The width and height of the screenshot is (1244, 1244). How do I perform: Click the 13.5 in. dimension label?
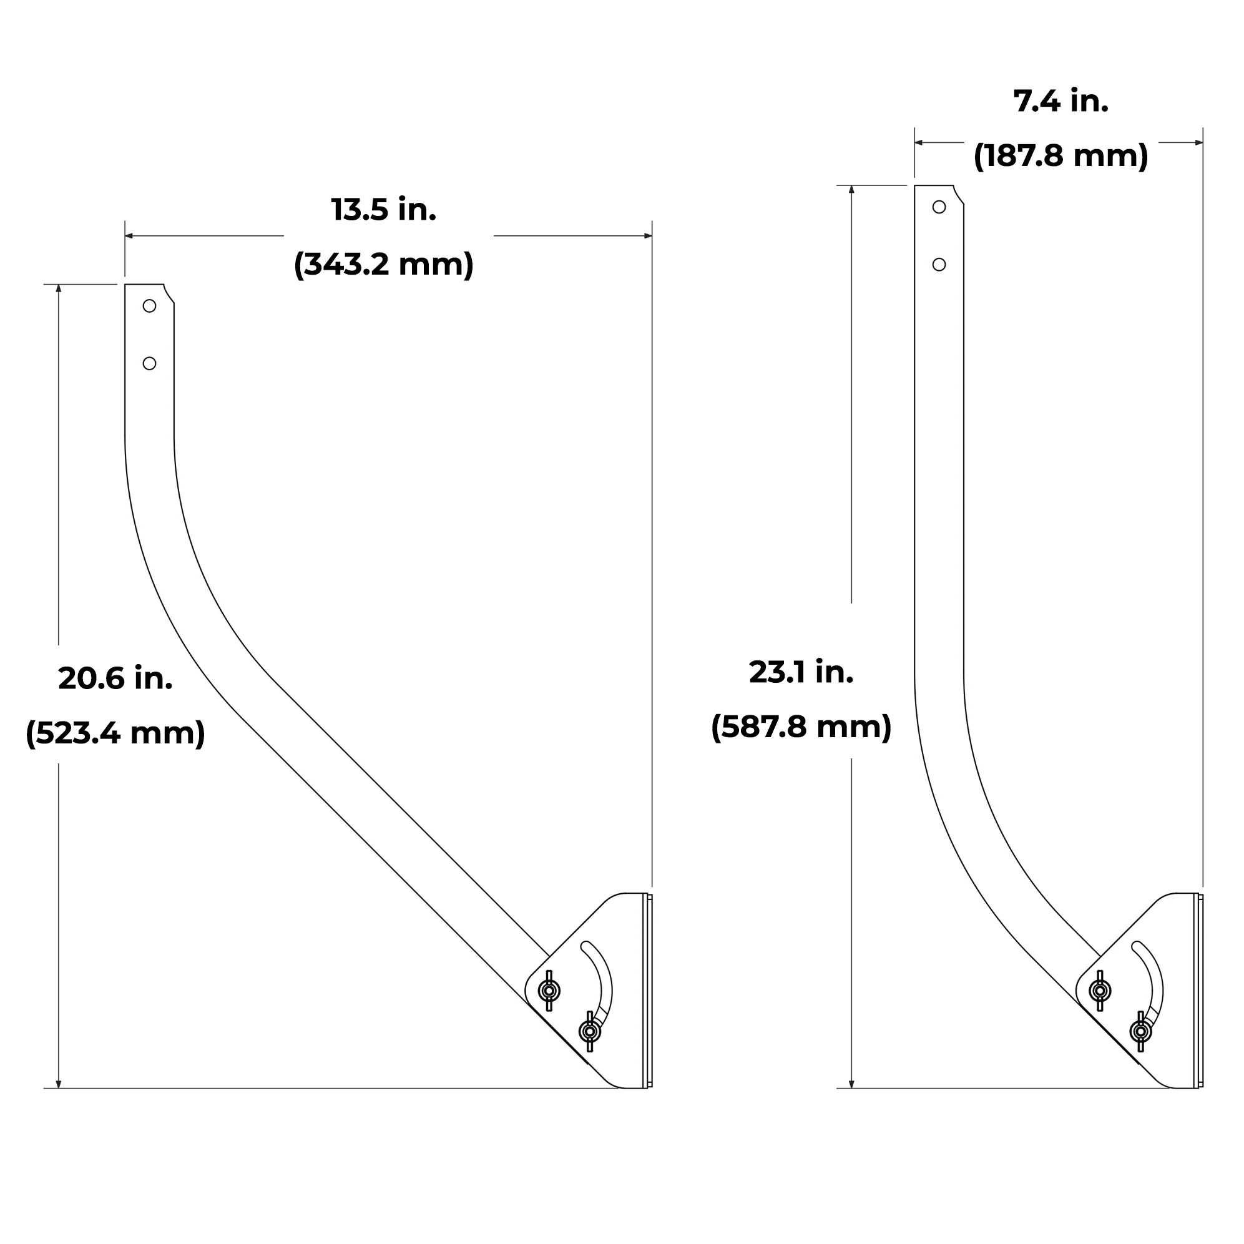384,210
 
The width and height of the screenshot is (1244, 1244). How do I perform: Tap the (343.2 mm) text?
384,264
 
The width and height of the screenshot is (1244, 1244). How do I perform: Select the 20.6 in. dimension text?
115,678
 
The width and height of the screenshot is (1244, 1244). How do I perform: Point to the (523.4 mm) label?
115,733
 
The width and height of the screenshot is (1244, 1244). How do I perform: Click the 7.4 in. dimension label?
1060,101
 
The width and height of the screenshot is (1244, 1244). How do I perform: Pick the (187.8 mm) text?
1060,156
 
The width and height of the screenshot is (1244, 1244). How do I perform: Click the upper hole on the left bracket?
149,306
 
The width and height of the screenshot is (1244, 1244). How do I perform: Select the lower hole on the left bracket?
149,364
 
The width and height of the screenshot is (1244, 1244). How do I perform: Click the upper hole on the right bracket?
939,207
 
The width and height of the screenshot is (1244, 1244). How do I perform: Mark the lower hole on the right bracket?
939,265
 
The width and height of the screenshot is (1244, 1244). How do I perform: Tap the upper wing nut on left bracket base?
549,991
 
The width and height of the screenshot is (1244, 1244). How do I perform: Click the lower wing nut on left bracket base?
589,1032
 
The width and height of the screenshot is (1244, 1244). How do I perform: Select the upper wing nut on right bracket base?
1100,991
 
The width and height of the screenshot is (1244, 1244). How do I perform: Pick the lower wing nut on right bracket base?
1140,1032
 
